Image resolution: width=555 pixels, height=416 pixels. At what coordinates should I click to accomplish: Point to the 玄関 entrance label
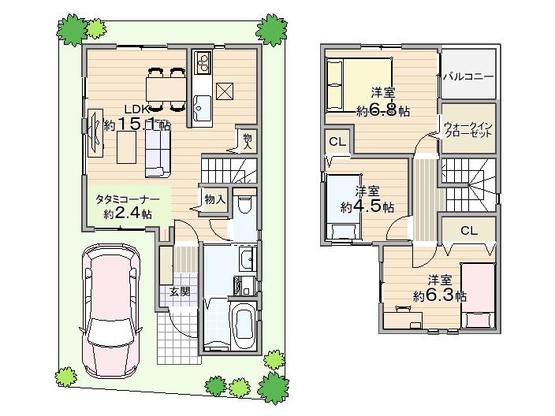[179, 291]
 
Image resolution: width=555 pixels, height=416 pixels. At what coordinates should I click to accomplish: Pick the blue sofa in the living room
[155, 150]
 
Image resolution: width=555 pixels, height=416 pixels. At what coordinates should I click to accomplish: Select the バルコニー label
[468, 77]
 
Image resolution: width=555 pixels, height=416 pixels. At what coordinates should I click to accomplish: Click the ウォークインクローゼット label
[468, 129]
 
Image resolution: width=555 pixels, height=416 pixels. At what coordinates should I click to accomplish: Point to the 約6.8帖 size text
[382, 111]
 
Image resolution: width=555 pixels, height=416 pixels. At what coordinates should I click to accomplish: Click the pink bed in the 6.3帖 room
[478, 295]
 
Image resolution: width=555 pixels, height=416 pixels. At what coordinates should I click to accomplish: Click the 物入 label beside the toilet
[215, 199]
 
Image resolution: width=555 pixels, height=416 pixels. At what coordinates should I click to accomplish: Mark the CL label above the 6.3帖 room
[468, 231]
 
